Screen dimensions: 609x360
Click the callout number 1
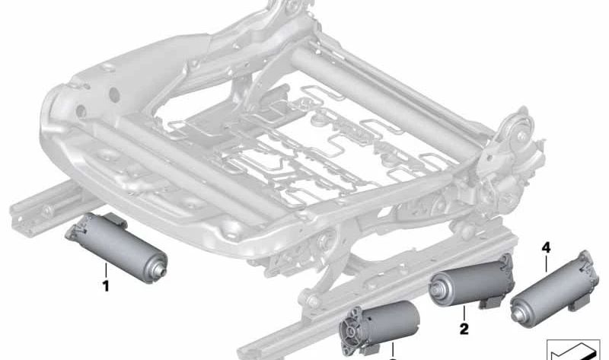(x=105, y=286)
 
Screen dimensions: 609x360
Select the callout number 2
(x=464, y=329)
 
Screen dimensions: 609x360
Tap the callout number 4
(x=546, y=247)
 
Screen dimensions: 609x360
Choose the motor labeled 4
(x=553, y=285)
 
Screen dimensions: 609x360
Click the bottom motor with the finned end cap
(x=378, y=327)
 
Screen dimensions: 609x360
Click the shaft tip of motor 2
(x=433, y=288)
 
